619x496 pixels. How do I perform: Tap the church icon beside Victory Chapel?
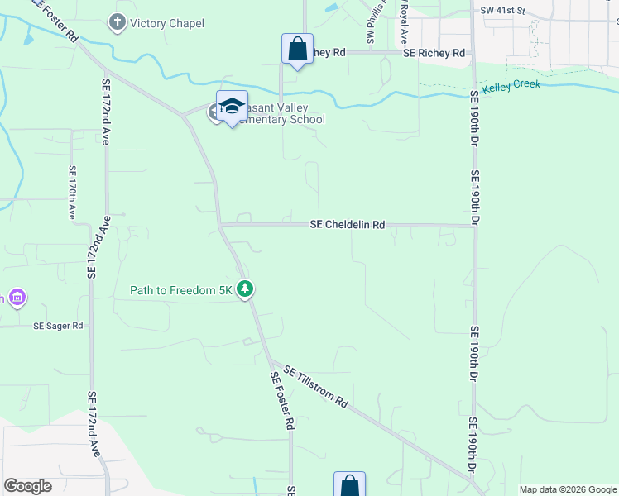(118, 22)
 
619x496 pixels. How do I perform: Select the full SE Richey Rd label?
(434, 53)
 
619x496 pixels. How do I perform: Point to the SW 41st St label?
(503, 11)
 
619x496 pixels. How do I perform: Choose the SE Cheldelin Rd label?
(348, 224)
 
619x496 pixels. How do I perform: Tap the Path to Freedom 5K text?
(181, 290)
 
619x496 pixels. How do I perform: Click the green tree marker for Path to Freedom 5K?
(245, 289)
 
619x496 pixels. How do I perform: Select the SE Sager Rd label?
(58, 326)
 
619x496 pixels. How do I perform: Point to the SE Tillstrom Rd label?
(315, 386)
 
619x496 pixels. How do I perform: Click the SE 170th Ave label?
(72, 192)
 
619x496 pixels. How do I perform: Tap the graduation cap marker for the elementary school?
(233, 106)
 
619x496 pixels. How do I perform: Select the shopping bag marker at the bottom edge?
(349, 485)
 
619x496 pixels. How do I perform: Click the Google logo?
(27, 486)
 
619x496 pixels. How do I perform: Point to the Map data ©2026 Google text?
(567, 489)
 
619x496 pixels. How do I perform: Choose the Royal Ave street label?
(404, 22)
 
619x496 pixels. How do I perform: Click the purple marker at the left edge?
(17, 298)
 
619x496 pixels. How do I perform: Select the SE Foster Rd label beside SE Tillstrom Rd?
(282, 401)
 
